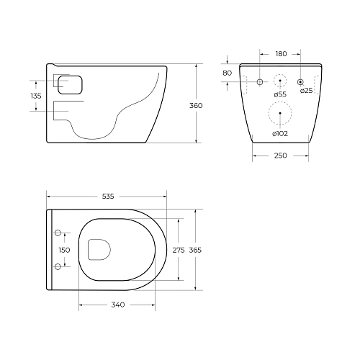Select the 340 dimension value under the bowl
tap(118, 305)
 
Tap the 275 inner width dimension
tap(179, 250)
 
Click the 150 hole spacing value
tap(65, 250)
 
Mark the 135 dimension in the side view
tap(36, 96)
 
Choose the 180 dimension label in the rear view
tap(281, 53)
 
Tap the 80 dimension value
tap(228, 73)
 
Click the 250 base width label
tap(281, 156)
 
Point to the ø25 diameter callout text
tap(306, 90)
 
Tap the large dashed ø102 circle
tap(281, 113)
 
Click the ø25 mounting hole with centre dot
tap(302, 81)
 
